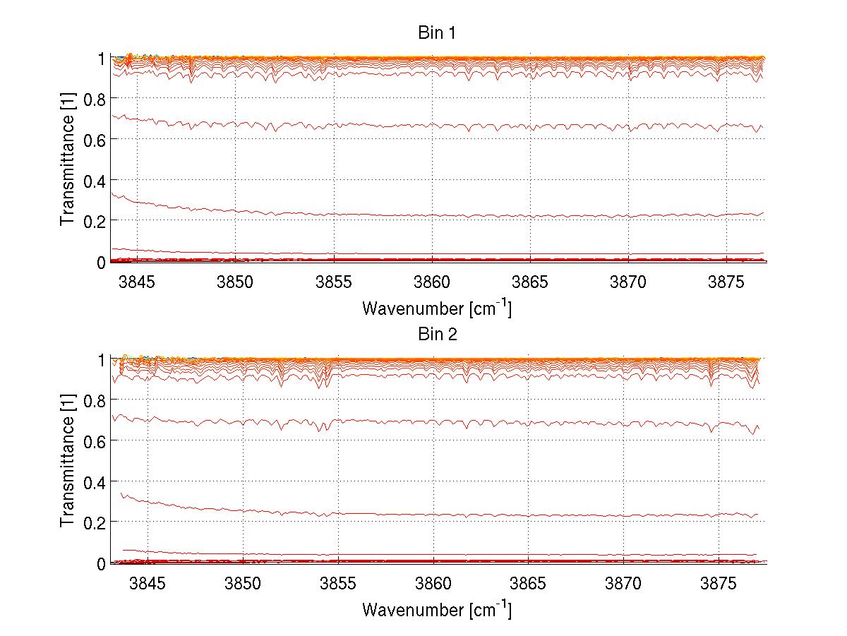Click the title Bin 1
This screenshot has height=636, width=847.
[437, 33]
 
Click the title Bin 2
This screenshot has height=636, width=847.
[437, 334]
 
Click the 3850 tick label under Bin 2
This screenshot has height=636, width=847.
[243, 582]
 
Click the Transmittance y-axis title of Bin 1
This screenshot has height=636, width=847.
[67, 160]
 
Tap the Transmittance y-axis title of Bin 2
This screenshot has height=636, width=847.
[67, 462]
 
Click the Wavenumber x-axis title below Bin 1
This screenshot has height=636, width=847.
[437, 308]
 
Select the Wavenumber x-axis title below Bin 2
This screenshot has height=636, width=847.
[437, 609]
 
